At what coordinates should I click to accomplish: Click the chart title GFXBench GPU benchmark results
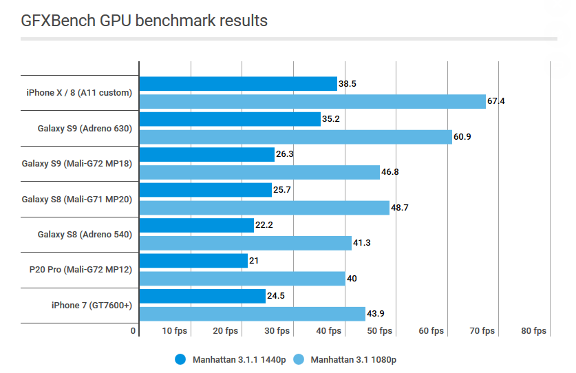(144, 21)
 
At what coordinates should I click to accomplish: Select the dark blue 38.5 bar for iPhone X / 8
(238, 83)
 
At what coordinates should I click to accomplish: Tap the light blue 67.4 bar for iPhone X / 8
(312, 101)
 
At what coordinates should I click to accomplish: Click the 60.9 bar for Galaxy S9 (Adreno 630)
(296, 137)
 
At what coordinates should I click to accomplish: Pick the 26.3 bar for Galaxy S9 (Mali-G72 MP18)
(207, 155)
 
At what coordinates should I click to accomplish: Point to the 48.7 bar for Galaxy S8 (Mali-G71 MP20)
(264, 208)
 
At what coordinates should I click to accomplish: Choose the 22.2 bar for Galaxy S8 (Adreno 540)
(197, 226)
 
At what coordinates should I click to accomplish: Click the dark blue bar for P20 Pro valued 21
(193, 261)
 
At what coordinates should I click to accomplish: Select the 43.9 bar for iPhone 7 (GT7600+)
(252, 314)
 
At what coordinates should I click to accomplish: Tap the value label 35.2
(331, 119)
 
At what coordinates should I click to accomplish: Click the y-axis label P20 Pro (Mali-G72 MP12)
(82, 270)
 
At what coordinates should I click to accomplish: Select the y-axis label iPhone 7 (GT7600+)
(91, 306)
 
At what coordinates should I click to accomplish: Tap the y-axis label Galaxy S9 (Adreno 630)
(85, 128)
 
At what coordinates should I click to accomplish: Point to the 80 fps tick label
(533, 331)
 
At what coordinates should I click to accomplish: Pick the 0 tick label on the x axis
(134, 331)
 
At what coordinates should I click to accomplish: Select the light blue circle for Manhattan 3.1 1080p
(299, 359)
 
